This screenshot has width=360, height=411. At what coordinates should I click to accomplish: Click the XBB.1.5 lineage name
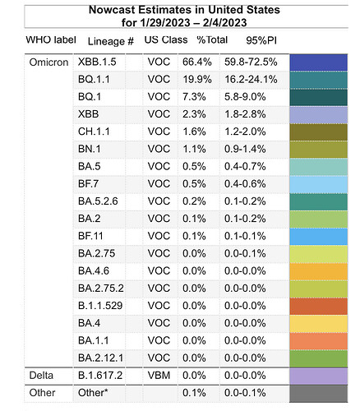pos(97,62)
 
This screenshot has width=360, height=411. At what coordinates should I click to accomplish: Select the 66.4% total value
pos(197,62)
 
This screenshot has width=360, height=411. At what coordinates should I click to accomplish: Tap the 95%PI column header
pos(261,40)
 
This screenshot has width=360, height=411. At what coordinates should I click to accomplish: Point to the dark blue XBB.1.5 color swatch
pos(319,62)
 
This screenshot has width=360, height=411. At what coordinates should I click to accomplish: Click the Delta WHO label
pos(41,375)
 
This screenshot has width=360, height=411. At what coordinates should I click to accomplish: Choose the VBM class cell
pos(159,375)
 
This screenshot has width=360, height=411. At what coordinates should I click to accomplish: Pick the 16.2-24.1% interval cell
pos(251,80)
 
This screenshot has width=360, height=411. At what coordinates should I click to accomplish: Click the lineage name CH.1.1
pos(94,132)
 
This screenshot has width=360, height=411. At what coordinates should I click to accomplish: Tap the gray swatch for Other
pos(319,394)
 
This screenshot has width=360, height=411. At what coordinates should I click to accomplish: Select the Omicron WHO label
pos(48,62)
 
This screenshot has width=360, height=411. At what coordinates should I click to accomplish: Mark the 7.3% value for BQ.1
pos(194,97)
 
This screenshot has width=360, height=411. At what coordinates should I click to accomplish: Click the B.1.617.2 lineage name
pos(100,375)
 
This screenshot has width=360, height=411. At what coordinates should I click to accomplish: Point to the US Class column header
pos(166,39)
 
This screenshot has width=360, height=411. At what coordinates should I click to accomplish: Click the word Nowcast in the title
pos(112,10)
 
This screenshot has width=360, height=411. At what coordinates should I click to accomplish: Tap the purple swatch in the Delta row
pos(319,376)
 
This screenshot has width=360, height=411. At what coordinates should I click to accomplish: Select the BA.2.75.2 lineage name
pos(101,289)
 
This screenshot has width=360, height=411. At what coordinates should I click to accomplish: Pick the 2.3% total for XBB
pos(194,114)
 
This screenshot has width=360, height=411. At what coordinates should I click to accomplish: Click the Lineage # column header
pos(111,41)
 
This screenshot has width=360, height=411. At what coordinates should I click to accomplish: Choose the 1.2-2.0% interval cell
pos(245,132)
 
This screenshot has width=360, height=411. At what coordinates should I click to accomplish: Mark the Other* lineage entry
pos(93,393)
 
